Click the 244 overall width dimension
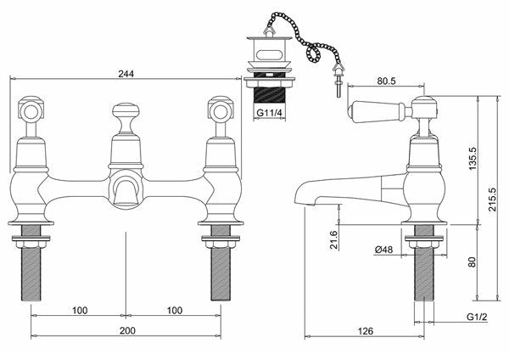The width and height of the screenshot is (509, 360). coord(126,74)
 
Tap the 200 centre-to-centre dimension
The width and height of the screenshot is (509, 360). coord(127,331)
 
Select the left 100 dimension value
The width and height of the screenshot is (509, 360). coord(80,310)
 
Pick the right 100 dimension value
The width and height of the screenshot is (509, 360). coord(175,310)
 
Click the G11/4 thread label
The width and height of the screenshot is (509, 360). coord(268,113)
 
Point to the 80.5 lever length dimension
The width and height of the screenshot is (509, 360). coord(386,81)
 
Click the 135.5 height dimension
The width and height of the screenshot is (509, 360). coord(473,159)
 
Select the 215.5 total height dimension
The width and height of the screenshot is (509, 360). coord(493,200)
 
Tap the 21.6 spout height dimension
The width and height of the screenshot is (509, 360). coord(333,239)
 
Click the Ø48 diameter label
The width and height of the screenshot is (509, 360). coord(383,250)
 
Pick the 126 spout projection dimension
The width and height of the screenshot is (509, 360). coord(366,331)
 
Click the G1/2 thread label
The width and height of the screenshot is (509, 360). coord(477,317)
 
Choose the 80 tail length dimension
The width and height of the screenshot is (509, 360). coord(473,262)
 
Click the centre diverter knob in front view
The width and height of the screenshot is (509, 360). coord(126,117)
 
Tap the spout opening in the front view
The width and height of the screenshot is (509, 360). coord(126,193)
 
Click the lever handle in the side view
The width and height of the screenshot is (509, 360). coord(377,109)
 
